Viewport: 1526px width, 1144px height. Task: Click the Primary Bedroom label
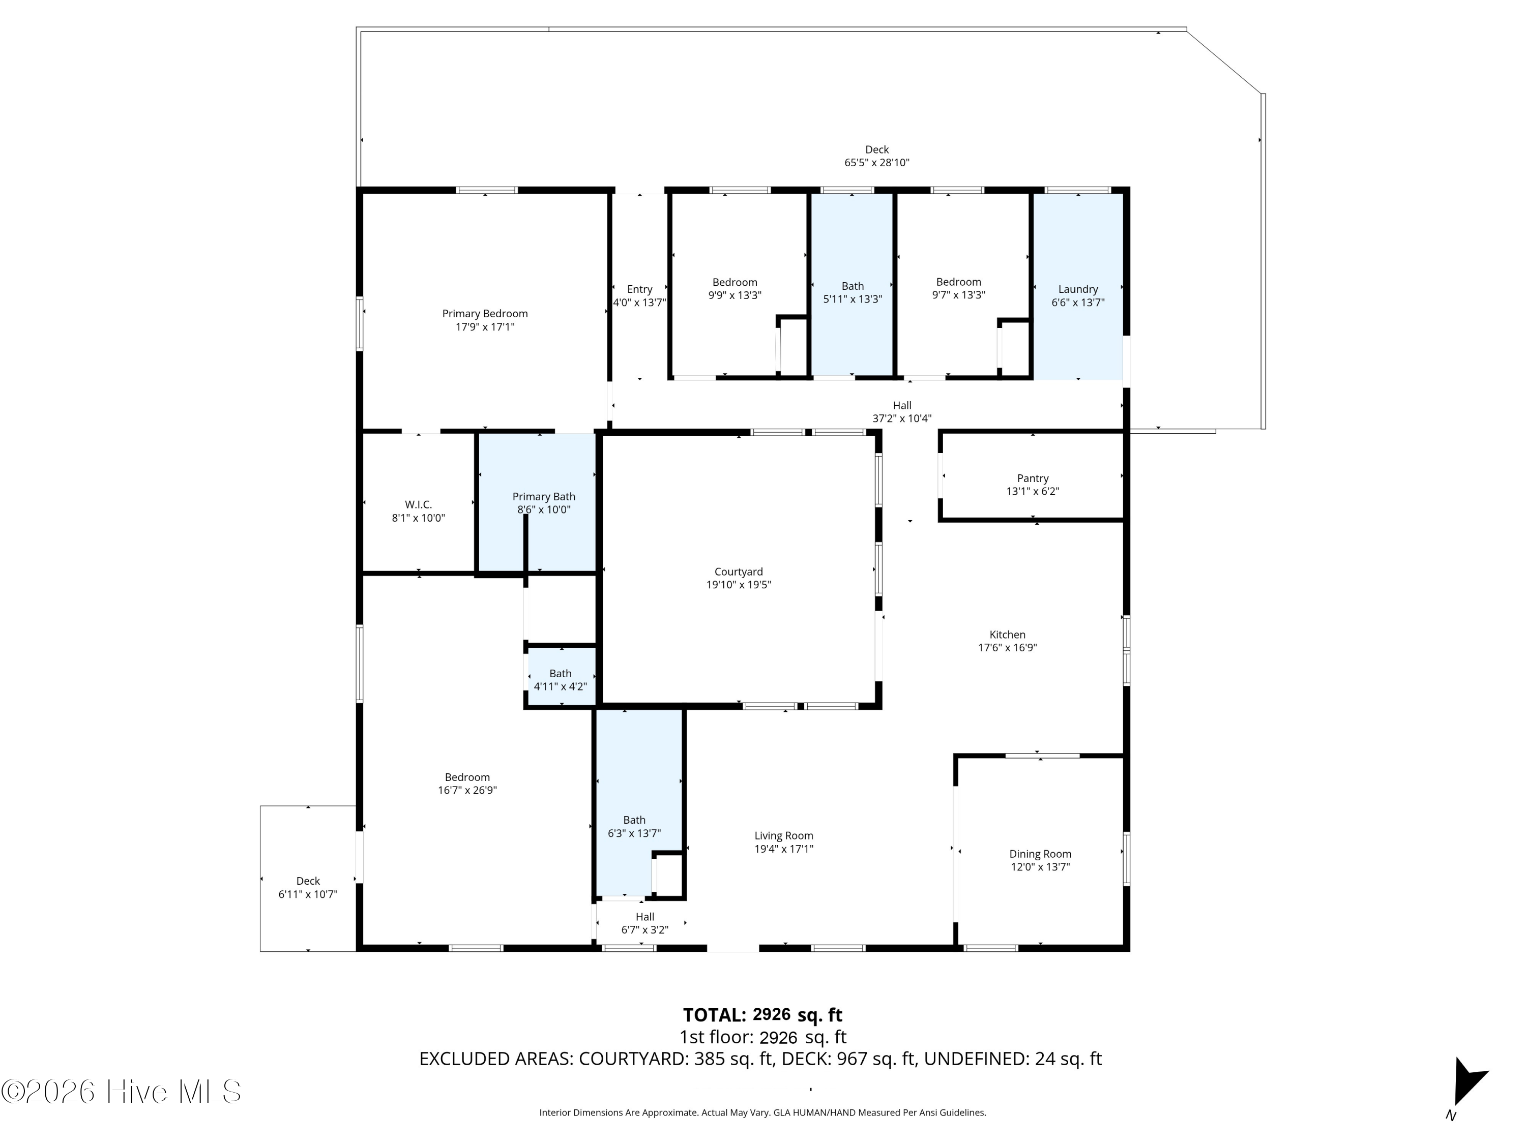point(485,314)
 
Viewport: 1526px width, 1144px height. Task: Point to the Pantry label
point(1033,478)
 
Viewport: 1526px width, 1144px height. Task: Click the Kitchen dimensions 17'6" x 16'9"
point(1007,648)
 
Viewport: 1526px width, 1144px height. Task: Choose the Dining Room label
point(1040,854)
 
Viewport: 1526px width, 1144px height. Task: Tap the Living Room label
point(784,836)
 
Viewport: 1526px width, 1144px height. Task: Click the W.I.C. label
point(418,505)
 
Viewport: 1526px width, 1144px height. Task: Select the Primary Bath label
point(544,496)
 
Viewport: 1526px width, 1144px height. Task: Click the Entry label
point(639,290)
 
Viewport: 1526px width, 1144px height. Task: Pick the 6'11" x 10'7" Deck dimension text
point(308,894)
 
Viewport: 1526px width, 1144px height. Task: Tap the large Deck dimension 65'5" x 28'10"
point(877,163)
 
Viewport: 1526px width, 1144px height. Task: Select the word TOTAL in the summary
point(714,1015)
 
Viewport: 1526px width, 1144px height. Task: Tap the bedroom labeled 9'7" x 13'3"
point(958,288)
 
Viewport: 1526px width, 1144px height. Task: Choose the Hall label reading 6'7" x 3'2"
point(645,923)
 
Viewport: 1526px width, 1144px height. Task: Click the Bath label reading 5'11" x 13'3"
point(853,292)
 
